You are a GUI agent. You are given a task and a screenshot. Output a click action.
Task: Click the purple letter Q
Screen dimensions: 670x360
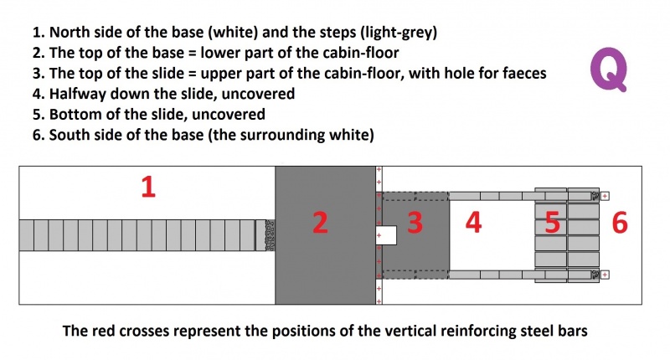click(x=609, y=69)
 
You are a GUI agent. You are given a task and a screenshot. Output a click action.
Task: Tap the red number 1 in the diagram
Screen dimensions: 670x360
click(x=148, y=188)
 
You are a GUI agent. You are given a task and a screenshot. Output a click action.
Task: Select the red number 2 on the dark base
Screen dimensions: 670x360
click(x=321, y=223)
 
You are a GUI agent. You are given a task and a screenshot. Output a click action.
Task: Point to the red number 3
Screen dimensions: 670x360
click(x=415, y=223)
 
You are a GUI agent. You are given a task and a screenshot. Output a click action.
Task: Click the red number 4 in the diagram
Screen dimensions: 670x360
click(x=473, y=223)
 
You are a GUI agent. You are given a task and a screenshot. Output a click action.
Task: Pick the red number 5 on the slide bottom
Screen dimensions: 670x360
click(x=552, y=223)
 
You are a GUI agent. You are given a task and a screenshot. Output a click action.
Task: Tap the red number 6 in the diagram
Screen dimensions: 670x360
click(x=620, y=223)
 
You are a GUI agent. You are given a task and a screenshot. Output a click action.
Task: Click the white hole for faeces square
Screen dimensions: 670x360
click(x=386, y=235)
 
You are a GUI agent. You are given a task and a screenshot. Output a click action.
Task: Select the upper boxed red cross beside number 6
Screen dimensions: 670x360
click(x=605, y=196)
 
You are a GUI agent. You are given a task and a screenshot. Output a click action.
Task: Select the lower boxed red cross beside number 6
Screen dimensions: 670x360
click(x=605, y=275)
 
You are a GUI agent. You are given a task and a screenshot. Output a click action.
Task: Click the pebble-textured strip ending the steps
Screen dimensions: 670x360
click(x=270, y=235)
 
